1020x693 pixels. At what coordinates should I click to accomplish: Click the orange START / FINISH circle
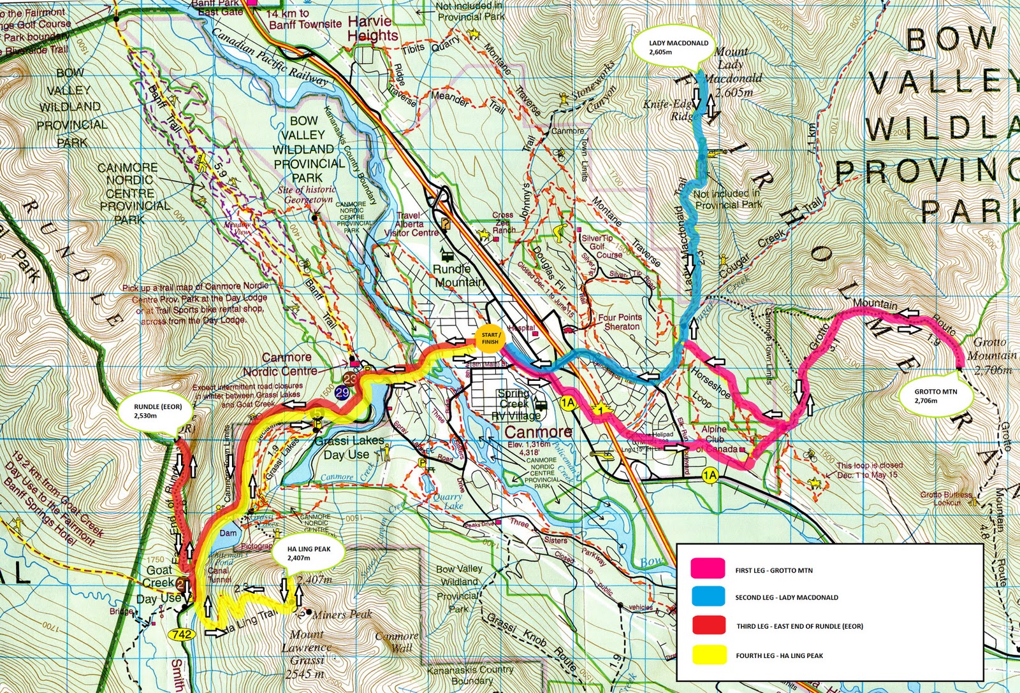[x=490, y=338]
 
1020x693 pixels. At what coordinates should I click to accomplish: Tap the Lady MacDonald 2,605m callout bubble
[x=678, y=48]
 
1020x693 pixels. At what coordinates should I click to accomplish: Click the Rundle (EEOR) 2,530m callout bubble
[x=154, y=411]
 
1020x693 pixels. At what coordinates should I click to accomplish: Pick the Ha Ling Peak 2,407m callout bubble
[x=309, y=553]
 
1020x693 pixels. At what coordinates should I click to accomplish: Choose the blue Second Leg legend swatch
[x=708, y=596]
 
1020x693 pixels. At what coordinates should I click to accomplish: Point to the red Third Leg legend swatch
[x=708, y=625]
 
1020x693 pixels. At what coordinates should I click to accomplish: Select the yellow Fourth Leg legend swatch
[x=708, y=654]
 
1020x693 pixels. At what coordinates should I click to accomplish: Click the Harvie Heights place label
[x=373, y=29]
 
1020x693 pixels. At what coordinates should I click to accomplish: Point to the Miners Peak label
[x=341, y=615]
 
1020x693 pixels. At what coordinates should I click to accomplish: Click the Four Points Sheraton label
[x=620, y=322]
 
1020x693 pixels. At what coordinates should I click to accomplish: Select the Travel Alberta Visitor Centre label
[x=411, y=224]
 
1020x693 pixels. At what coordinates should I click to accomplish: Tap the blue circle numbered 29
[x=342, y=392]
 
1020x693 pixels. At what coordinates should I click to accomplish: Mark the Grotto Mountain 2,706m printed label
[x=990, y=355]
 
